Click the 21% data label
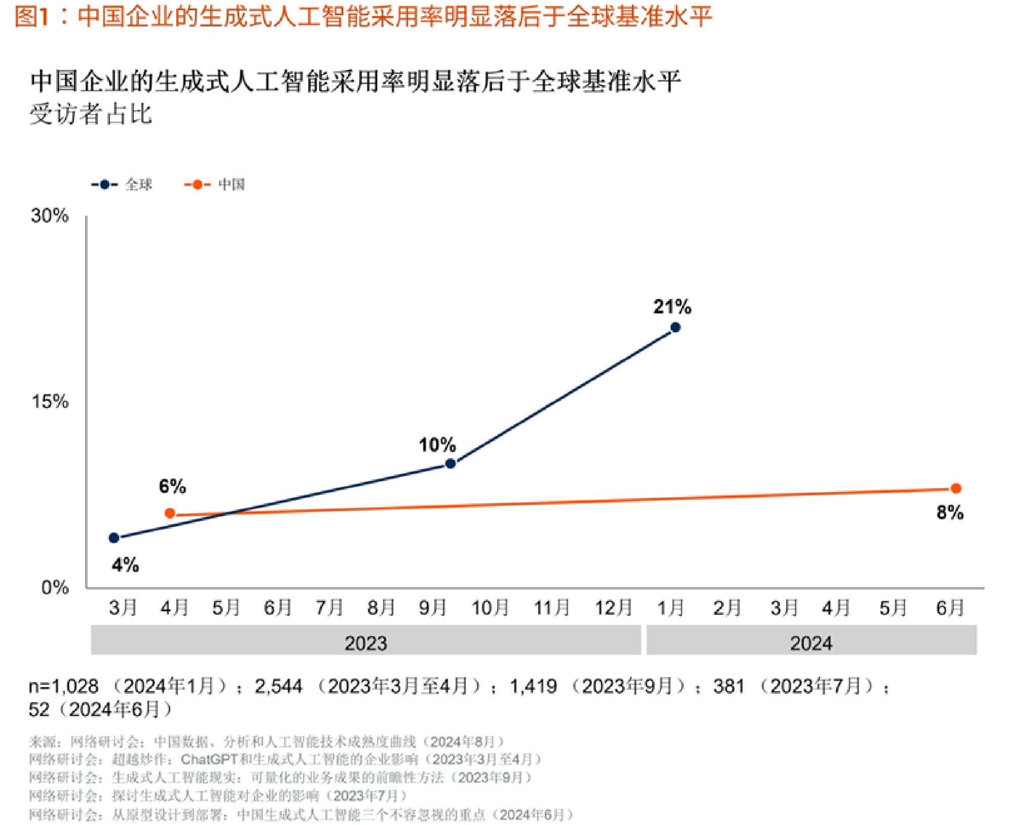click(x=672, y=307)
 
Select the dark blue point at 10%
click(x=450, y=464)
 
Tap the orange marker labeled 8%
click(x=956, y=489)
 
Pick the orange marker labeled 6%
click(x=170, y=513)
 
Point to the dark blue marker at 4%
click(x=115, y=538)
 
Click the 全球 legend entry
click(x=122, y=184)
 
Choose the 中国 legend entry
click(x=215, y=184)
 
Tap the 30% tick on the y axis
click(x=50, y=216)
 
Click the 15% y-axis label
click(x=50, y=402)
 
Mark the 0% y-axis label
click(x=55, y=588)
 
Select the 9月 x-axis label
click(x=432, y=607)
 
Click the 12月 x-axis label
click(x=613, y=607)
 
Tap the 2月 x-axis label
click(x=727, y=607)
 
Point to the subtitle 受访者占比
click(x=91, y=114)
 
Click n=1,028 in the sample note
click(x=63, y=686)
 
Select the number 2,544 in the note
click(x=278, y=686)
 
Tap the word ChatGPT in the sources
click(x=209, y=759)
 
